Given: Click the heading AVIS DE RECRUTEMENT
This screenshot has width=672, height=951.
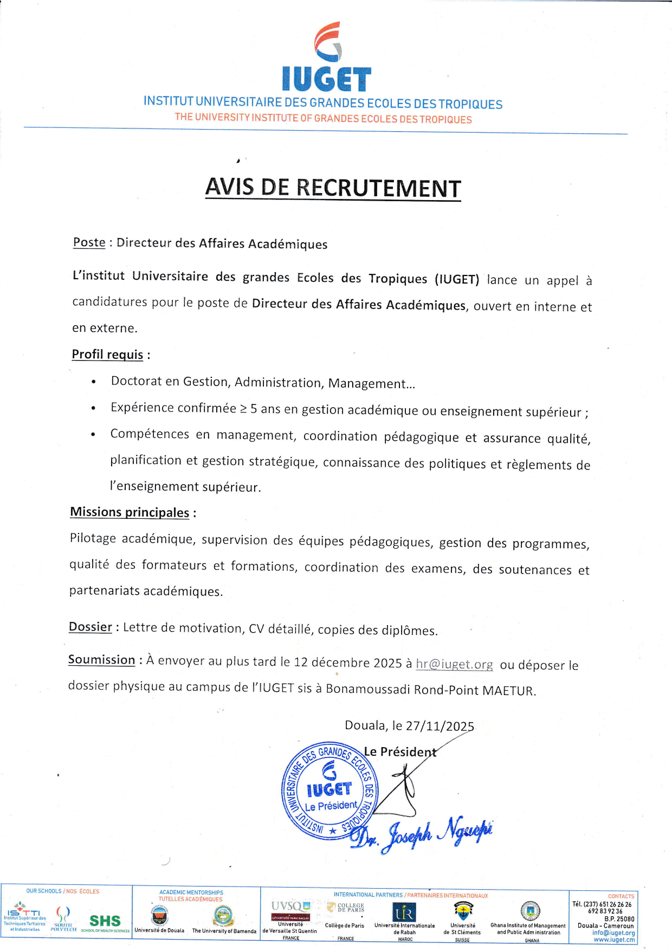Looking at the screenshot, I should pos(333,188).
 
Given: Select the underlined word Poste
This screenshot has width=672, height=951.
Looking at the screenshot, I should pos(89,242).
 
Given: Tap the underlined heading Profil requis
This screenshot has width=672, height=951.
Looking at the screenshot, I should pos(107,355).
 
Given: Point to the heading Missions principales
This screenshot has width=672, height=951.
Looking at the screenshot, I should pos(130,512).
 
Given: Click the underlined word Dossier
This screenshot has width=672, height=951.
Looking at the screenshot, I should pos(90,627).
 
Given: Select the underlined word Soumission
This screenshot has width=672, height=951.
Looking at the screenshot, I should pos(101,660).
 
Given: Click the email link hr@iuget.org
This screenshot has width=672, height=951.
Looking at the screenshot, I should pos(454,664).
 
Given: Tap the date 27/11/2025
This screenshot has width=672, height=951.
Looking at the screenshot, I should pos(440,727).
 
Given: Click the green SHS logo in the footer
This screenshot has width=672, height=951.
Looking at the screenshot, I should pos(105,921).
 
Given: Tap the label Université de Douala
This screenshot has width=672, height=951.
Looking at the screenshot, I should pos(159,930).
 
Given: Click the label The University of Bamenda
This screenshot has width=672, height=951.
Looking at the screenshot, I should pos(224,931).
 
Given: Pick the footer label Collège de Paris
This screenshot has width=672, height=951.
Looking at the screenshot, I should pos(345,926).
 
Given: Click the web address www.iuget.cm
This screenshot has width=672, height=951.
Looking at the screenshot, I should pos(614,940).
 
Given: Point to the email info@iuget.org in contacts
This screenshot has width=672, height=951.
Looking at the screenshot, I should pos(613,933).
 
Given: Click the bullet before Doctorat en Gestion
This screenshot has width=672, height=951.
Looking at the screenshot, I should pos(94,382).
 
